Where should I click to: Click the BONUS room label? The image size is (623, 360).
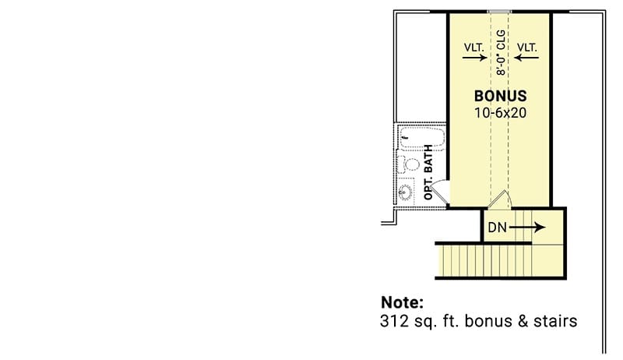coord(500,96)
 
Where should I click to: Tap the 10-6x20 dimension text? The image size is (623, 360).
coord(500,113)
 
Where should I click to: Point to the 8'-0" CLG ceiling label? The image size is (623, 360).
coord(501,52)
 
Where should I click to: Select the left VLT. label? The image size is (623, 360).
coord(474,48)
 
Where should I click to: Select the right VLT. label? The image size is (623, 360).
coord(527,48)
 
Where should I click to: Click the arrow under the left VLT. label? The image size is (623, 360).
coord(475,58)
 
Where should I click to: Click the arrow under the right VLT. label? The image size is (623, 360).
coord(526,58)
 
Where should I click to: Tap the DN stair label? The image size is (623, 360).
coord(497,228)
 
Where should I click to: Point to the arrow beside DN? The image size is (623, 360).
coord(527,228)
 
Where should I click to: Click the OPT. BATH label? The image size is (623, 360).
coord(428,172)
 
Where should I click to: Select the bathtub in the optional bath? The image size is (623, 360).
coord(422,137)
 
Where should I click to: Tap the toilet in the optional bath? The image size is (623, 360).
coord(408,164)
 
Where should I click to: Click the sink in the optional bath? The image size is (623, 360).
coord(406,192)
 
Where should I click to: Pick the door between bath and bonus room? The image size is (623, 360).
coord(439,192)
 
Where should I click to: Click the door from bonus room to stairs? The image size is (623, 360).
coord(498,199)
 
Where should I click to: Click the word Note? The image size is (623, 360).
coord(402,302)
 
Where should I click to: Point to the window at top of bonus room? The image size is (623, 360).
coord(499,12)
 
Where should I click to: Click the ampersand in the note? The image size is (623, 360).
coord(523,321)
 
